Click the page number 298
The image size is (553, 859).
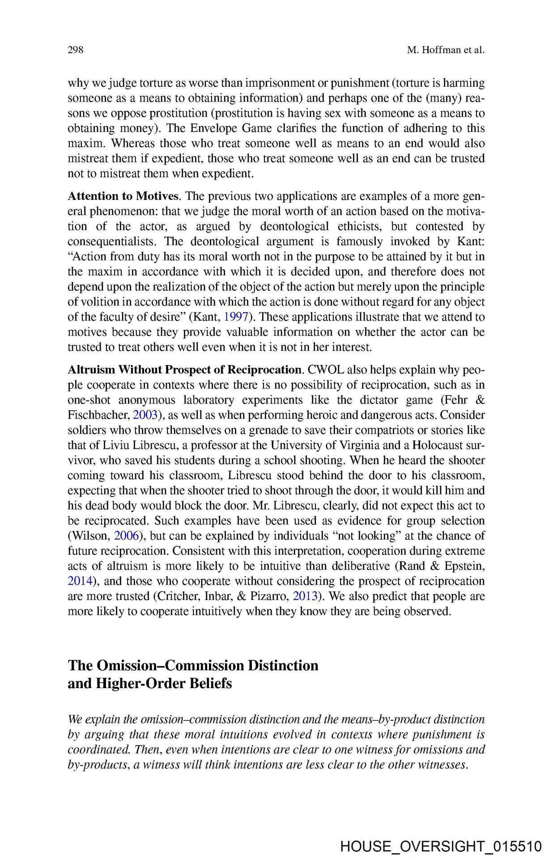tap(75, 50)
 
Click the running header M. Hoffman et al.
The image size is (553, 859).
tap(446, 50)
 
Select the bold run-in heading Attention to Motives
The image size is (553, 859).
tap(124, 196)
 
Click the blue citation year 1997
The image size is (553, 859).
tap(236, 317)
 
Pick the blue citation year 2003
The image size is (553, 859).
tap(145, 415)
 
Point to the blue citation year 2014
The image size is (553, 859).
tap(80, 581)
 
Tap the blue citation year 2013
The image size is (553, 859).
tap(305, 596)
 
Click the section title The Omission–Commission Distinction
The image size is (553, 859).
tap(193, 665)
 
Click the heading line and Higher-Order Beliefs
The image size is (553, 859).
tap(149, 683)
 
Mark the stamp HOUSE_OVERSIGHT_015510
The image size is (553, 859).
tap(441, 846)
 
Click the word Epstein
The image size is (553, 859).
tap(464, 566)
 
